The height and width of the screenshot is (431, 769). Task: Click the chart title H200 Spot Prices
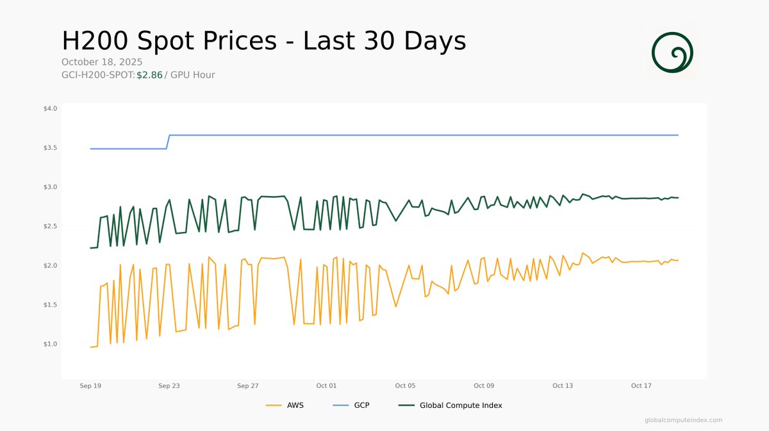pyautogui.click(x=263, y=41)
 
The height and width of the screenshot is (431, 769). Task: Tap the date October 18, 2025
pyautogui.click(x=102, y=62)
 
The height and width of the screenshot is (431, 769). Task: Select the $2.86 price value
pyautogui.click(x=149, y=75)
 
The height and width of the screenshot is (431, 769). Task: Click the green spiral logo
pyautogui.click(x=672, y=52)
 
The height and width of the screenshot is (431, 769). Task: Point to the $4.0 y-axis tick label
pyautogui.click(x=50, y=109)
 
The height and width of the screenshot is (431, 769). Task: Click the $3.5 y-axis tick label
pyautogui.click(x=50, y=148)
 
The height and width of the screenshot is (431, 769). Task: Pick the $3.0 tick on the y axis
pyautogui.click(x=50, y=187)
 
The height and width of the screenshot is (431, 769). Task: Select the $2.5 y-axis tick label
pyautogui.click(x=50, y=226)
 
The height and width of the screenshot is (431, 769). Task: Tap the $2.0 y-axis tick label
pyautogui.click(x=50, y=265)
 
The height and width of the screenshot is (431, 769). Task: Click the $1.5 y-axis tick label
pyautogui.click(x=50, y=305)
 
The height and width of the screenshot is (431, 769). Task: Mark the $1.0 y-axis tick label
pyautogui.click(x=50, y=344)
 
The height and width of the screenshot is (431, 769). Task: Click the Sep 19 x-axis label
pyautogui.click(x=90, y=386)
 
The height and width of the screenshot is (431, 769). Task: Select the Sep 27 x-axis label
pyautogui.click(x=247, y=386)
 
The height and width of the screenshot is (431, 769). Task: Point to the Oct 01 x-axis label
pyautogui.click(x=326, y=386)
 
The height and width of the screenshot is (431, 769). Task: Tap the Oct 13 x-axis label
pyautogui.click(x=562, y=386)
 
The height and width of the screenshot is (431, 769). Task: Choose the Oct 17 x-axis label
pyautogui.click(x=641, y=386)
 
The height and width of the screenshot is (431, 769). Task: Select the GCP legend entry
pyautogui.click(x=352, y=405)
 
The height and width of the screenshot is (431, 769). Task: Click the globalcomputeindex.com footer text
pyautogui.click(x=683, y=420)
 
